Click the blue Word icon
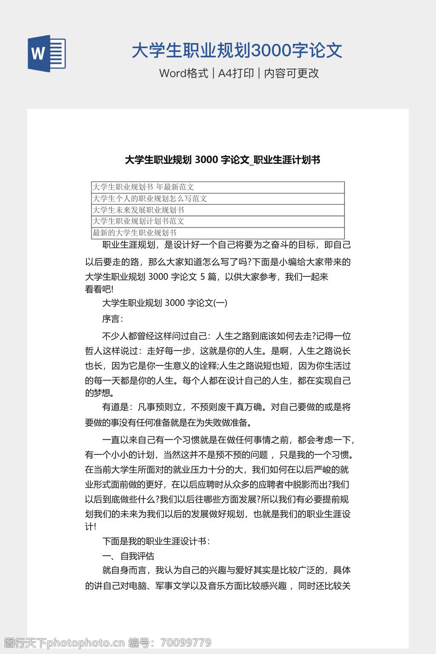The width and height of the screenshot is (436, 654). coord(47,54)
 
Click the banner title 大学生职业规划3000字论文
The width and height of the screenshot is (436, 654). coord(237,50)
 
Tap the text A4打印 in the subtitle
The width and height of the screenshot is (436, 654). coord(236,73)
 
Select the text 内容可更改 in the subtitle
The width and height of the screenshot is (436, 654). coord(292,73)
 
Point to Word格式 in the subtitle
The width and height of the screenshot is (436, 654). coord(184,73)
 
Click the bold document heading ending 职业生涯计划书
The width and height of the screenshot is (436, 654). coord(222,160)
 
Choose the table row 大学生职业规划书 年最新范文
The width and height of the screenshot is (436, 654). coord(143,187)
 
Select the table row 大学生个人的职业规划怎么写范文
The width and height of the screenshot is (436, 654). coord(150,198)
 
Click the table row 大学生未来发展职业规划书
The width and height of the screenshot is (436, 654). coord(138,210)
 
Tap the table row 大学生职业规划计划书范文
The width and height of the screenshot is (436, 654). coord(138,221)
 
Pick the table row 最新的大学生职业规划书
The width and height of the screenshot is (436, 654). coord(135,233)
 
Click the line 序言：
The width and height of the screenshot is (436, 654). coord(112,319)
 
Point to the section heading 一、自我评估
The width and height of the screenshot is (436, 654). coord(128,556)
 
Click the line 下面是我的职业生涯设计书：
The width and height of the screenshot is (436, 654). coord(156,541)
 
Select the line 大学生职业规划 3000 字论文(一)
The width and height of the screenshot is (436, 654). coord(165,303)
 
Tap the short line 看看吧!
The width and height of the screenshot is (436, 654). coord(99,290)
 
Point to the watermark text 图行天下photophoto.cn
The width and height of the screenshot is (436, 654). coord(64,643)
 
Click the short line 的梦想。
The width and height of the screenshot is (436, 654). coord(99,393)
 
